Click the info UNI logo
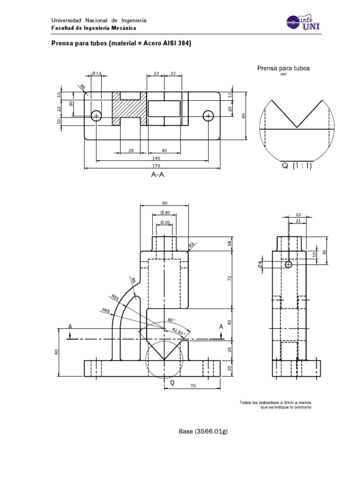301,24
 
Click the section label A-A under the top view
159,175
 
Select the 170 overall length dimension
152,165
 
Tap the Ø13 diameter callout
96,73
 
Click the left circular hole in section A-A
96,115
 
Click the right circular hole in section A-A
208,115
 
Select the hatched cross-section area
129,109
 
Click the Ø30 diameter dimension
165,212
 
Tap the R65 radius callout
106,310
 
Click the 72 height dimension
229,278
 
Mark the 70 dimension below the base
192,386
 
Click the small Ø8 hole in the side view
288,265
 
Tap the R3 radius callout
191,246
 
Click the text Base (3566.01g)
203,431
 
